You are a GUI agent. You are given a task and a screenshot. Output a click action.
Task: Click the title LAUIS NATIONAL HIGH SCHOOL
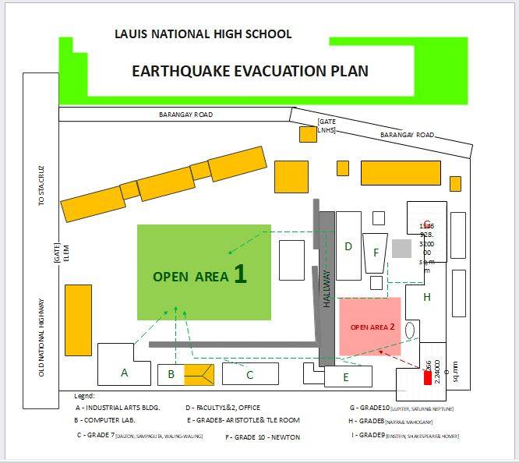click(203, 34)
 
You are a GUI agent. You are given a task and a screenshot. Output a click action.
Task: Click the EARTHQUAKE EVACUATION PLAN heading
click(250, 71)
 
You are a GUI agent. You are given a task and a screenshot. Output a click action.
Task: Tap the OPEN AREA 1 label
click(199, 275)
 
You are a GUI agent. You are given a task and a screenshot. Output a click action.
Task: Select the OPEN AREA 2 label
click(372, 327)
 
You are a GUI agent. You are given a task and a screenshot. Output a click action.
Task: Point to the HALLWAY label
click(327, 288)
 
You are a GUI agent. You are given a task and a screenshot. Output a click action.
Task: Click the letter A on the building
click(124, 373)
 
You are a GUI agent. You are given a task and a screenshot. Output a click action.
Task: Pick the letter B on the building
click(171, 375)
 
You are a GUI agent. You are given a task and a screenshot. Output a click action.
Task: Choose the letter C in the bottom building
click(249, 375)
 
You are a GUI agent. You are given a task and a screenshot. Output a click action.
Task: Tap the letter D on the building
click(348, 246)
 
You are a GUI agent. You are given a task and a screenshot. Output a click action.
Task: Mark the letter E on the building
click(346, 379)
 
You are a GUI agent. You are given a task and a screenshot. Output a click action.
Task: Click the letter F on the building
click(376, 253)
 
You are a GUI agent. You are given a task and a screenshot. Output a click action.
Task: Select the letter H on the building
click(427, 297)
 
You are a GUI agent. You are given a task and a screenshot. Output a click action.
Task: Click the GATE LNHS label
click(327, 126)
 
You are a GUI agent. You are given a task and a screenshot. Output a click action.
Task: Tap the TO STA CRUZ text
click(41, 189)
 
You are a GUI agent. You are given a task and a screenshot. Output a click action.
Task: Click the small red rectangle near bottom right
click(427, 377)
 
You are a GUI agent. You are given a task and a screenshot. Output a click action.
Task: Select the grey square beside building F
click(401, 249)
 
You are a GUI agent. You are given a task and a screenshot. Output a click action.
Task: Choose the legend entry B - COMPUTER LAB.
click(106, 420)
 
